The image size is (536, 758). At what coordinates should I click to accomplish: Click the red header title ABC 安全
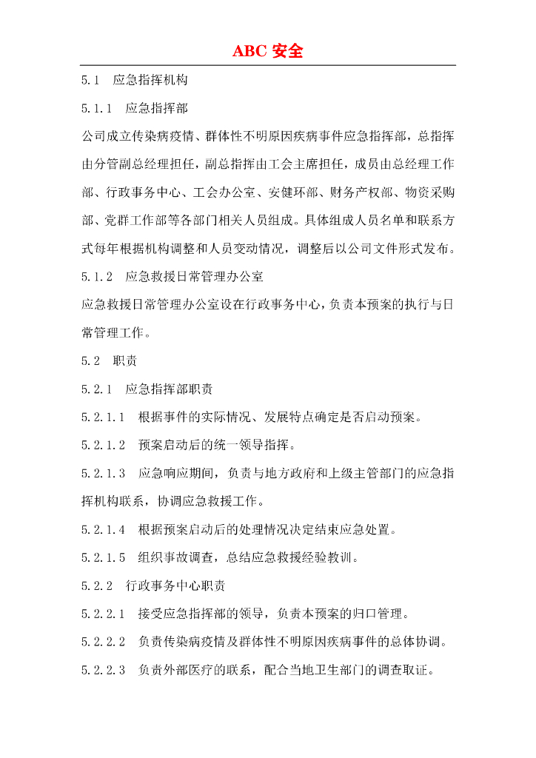268,51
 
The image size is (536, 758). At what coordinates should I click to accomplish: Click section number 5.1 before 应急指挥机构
91,79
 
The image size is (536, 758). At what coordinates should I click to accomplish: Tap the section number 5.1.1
97,108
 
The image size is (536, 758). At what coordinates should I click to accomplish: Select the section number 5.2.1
97,389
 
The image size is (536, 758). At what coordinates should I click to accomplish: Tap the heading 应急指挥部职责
170,389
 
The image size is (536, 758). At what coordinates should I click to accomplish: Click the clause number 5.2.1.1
104,417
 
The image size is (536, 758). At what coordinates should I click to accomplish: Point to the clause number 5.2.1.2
104,445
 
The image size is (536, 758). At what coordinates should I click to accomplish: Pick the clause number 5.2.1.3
104,473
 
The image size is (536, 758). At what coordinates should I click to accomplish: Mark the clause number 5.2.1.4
104,529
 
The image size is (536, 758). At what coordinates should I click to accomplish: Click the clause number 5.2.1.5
104,557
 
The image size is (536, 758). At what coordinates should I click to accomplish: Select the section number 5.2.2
97,586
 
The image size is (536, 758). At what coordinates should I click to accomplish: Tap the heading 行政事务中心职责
176,586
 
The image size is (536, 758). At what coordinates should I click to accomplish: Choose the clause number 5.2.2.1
104,614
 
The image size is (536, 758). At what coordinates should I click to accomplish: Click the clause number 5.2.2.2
104,642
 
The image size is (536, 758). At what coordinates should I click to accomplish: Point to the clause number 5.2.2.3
104,670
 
